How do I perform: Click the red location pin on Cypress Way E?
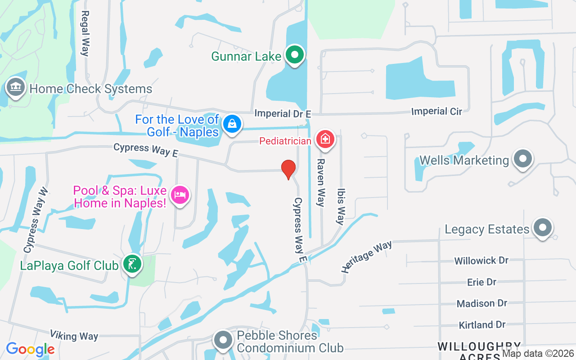(x=288, y=169)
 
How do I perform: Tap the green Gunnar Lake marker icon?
(x=295, y=55)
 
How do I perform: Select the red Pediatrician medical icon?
(x=324, y=139)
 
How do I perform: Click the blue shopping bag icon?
(x=232, y=123)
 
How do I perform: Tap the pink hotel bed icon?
(x=180, y=195)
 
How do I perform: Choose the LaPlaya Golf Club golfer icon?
(x=132, y=264)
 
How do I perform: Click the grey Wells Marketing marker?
(x=522, y=158)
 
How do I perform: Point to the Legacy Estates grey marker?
(x=542, y=228)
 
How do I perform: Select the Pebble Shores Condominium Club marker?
(x=223, y=340)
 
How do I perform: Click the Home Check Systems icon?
(x=16, y=86)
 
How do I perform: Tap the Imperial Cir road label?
(x=436, y=111)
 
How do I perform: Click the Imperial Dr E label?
(x=279, y=113)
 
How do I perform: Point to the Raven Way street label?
(x=320, y=182)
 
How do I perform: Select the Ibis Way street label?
(x=341, y=206)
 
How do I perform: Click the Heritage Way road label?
(x=366, y=256)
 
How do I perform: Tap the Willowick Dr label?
(x=481, y=261)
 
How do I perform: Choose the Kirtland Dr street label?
(x=482, y=324)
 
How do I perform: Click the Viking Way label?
(x=74, y=335)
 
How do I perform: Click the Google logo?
(x=30, y=349)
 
